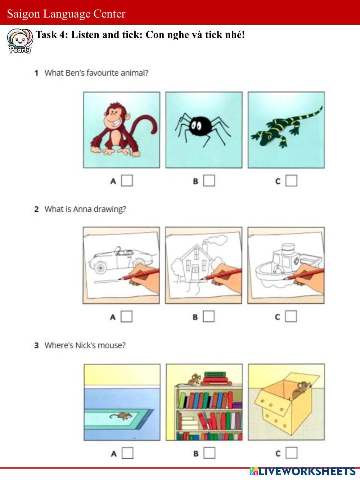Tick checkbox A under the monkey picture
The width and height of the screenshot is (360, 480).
127,181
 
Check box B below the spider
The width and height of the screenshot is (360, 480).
209,181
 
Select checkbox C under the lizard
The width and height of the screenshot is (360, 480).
291,181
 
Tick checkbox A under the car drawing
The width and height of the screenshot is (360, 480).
127,317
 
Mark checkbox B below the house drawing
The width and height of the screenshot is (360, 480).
209,317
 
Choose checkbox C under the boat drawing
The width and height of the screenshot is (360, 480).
291,317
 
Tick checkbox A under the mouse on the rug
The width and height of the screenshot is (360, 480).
127,453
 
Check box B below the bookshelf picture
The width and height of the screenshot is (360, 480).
210,453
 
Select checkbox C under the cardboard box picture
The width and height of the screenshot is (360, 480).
292,453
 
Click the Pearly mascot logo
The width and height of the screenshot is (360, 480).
20,41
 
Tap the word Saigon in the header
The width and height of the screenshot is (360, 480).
23,14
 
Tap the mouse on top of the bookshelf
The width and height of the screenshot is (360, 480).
193,380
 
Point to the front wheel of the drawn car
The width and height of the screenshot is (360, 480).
100,268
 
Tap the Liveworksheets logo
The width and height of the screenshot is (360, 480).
302,471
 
